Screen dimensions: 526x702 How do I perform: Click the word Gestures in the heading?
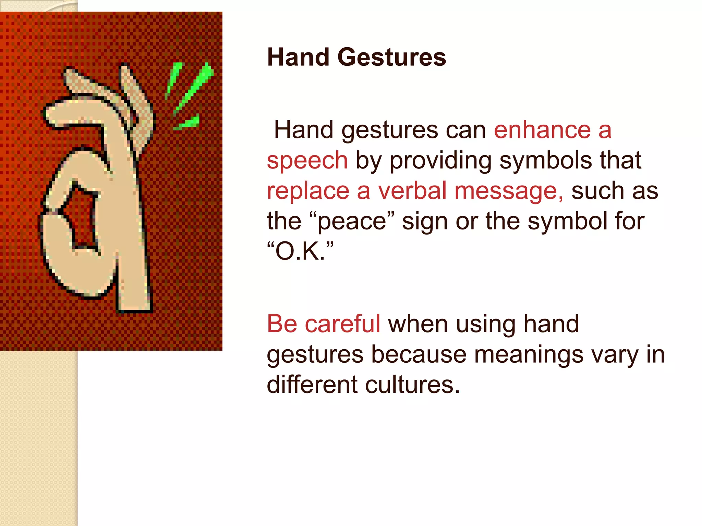click(391, 57)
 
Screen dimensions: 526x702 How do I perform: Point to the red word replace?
click(308, 191)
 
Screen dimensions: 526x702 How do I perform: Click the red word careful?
click(342, 324)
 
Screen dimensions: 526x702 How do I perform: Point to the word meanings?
click(529, 355)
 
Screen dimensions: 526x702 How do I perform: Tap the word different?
click(312, 385)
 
